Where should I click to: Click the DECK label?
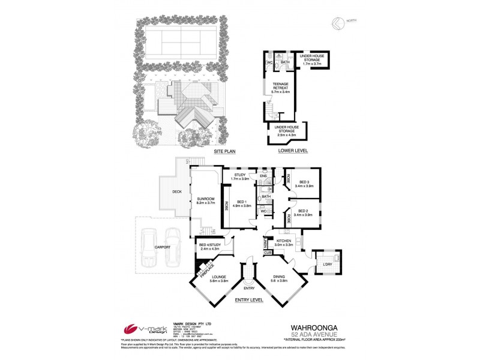click(x=177, y=192)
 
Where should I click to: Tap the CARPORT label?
click(x=162, y=247)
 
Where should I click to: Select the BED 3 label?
click(x=304, y=183)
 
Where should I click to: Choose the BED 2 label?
click(x=304, y=212)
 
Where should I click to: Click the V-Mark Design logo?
click(x=142, y=330)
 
